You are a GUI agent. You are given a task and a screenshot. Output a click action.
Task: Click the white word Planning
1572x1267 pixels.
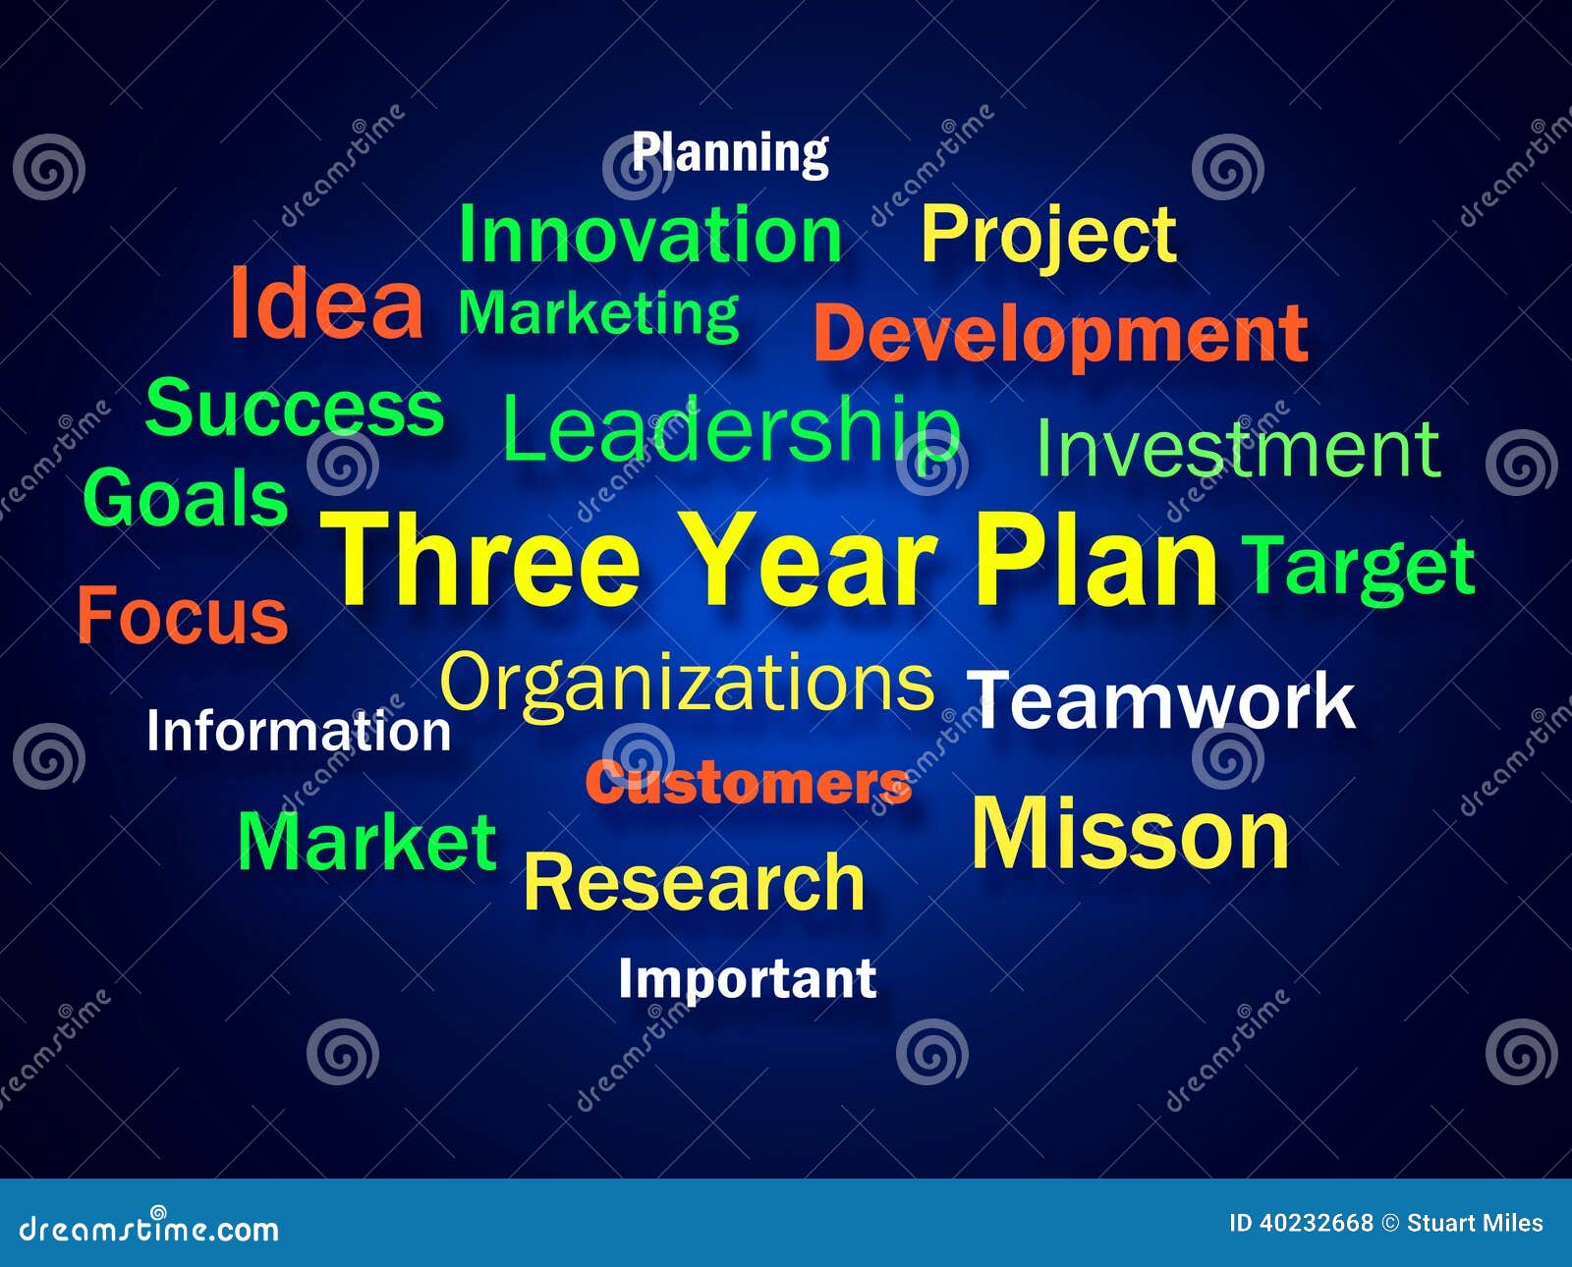click(730, 153)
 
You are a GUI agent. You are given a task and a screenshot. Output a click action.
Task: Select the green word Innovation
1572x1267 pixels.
click(649, 235)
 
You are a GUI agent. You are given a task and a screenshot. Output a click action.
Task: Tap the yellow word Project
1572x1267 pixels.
click(1048, 235)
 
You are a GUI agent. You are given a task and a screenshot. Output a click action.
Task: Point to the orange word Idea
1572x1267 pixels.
click(326, 305)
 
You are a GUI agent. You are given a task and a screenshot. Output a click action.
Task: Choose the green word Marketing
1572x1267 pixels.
click(598, 313)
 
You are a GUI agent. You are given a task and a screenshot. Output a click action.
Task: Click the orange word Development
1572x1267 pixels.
click(1061, 334)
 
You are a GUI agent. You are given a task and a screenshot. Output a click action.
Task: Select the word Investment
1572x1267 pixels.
click(1238, 449)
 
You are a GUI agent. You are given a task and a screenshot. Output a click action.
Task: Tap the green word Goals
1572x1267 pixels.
click(186, 498)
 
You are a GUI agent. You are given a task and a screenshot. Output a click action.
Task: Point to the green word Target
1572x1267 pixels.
click(1359, 567)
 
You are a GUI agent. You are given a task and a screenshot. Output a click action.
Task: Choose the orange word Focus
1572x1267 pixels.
click(183, 616)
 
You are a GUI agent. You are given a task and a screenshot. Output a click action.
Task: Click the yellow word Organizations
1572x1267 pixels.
click(687, 684)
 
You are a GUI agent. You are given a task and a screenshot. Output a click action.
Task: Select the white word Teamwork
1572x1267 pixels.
click(1160, 700)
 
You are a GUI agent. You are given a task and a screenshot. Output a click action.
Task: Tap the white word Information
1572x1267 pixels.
click(299, 732)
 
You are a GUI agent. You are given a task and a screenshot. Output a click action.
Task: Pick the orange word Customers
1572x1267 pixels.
click(749, 784)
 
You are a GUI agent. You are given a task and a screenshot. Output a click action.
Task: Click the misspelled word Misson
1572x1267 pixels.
click(1130, 835)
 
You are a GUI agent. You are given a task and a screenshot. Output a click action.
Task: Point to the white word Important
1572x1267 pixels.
click(747, 979)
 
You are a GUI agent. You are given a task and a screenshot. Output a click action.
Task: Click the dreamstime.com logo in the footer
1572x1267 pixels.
click(149, 1228)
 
